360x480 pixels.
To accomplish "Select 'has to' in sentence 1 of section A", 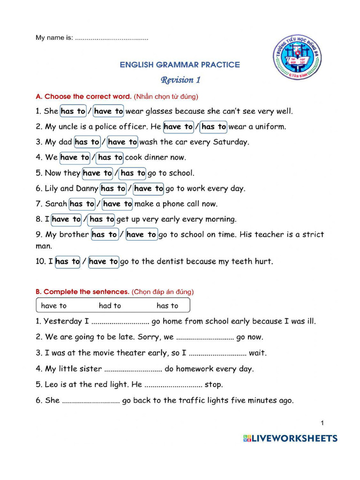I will [73, 111].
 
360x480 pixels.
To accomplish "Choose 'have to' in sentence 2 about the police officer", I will [178, 127].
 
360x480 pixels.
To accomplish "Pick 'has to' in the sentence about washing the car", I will [87, 142].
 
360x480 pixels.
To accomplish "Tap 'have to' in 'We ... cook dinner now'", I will [75, 157].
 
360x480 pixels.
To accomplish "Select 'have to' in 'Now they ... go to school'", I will [97, 173].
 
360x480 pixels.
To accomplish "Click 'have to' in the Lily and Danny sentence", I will [149, 188].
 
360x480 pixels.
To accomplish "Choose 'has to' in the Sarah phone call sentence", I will [82, 204].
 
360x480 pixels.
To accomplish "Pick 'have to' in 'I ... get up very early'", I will [66, 219].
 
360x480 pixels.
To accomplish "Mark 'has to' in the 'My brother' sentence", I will [104, 234].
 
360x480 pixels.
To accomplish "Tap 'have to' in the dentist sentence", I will [104, 262].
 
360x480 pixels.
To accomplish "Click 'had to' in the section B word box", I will [110, 306].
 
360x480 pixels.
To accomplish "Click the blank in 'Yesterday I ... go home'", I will [120, 322].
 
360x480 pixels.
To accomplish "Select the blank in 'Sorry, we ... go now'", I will [205, 337].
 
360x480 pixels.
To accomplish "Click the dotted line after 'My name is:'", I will [112, 38].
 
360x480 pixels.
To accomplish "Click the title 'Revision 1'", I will [180, 80].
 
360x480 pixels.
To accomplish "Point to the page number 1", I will [322, 423].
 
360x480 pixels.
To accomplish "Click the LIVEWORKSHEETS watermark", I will [290, 439].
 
